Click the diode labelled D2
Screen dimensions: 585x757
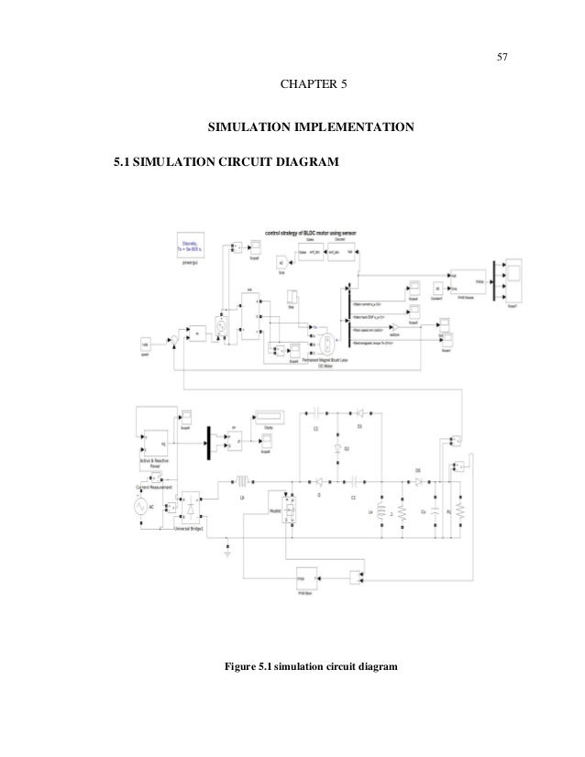[x=337, y=449]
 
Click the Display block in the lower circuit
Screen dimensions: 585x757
[x=268, y=419]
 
